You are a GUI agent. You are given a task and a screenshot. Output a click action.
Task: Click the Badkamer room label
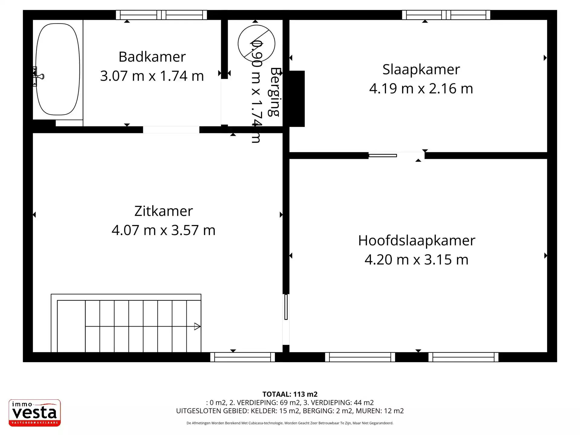pos(152,57)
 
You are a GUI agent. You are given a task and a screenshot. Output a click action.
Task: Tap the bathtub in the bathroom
pos(57,69)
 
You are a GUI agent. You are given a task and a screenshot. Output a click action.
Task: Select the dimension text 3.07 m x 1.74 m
pos(152,76)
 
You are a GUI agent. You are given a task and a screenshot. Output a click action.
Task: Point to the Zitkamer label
pos(163,211)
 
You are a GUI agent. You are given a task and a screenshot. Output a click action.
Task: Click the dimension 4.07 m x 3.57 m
pos(163,230)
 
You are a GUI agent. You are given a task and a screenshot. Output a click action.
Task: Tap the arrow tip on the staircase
pos(197,326)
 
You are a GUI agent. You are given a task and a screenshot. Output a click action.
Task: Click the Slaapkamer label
pos(421,69)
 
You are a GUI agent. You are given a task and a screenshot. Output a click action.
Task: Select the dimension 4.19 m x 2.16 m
pos(421,89)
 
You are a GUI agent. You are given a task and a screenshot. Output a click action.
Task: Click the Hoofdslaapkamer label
pos(417,240)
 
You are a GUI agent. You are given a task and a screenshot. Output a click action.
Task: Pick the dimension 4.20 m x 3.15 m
pos(417,259)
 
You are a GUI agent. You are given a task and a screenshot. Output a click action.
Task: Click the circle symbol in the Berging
pos(256,43)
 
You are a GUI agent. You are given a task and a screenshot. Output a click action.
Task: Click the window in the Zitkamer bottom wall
pos(242,357)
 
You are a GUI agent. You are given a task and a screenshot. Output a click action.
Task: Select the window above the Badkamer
pos(161,15)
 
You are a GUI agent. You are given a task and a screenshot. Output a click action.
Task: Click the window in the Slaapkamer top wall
pos(446,15)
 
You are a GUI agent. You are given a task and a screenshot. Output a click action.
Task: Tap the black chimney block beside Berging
pos(297,98)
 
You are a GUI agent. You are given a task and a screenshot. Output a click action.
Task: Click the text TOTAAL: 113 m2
pos(290,394)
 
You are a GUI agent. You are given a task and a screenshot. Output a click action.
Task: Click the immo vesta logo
pos(35,413)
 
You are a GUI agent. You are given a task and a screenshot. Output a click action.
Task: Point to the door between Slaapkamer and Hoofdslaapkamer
pos(396,156)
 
